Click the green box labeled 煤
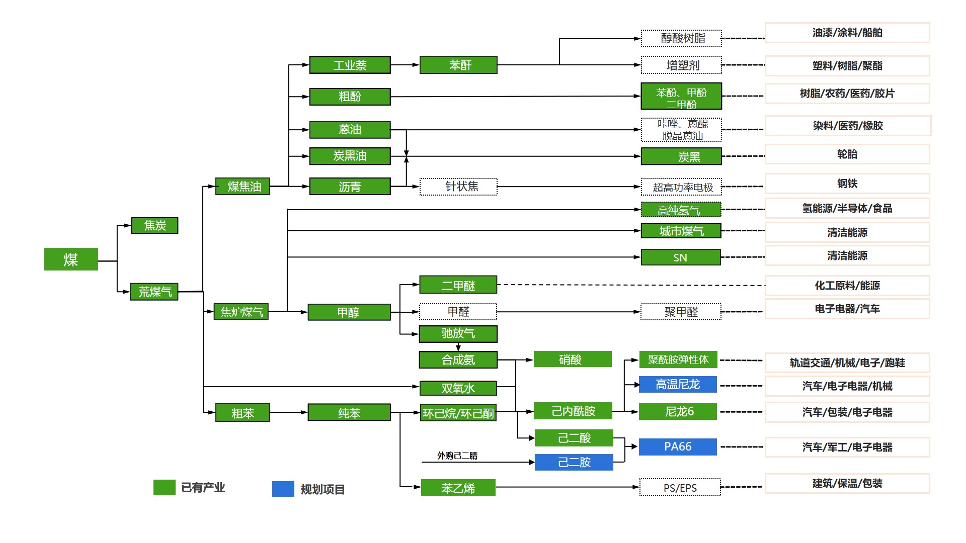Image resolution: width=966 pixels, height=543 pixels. click(71, 259)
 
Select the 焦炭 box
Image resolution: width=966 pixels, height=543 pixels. click(154, 226)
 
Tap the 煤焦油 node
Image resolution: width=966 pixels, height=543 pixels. click(243, 187)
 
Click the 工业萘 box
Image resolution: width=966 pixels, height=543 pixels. click(350, 65)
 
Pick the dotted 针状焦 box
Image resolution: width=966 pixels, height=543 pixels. click(458, 187)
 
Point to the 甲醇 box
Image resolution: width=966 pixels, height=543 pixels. click(349, 312)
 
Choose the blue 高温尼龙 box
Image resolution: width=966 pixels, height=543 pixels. click(678, 385)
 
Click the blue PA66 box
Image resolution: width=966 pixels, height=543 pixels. click(678, 447)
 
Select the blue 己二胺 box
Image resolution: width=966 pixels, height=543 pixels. click(574, 462)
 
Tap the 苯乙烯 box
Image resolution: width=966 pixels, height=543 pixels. click(458, 488)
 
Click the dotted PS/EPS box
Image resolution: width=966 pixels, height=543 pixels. click(680, 488)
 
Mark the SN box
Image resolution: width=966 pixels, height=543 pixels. click(680, 257)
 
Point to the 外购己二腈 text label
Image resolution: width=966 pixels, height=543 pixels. click(457, 456)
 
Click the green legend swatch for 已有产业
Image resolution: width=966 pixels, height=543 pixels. click(164, 488)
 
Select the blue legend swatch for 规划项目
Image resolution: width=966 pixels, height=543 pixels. click(283, 489)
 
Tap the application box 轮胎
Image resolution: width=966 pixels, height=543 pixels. click(847, 154)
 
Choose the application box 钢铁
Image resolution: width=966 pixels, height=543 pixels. click(847, 184)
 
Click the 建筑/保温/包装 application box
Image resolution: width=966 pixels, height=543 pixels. click(847, 484)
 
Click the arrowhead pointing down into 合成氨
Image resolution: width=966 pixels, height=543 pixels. click(458, 348)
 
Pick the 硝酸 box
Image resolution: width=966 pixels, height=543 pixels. click(573, 359)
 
